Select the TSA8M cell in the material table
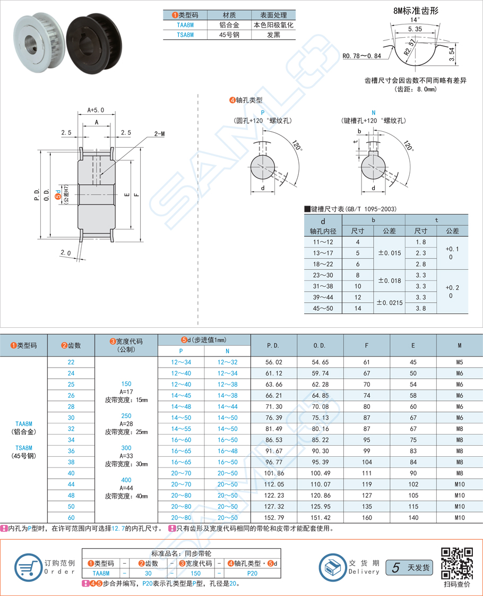(185, 35)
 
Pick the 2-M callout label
(159, 134)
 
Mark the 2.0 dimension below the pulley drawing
(66, 253)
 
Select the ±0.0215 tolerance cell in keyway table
(390, 302)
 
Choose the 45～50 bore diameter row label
(323, 308)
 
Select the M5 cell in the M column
(460, 362)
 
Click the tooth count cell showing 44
(71, 484)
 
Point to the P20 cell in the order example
(252, 573)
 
